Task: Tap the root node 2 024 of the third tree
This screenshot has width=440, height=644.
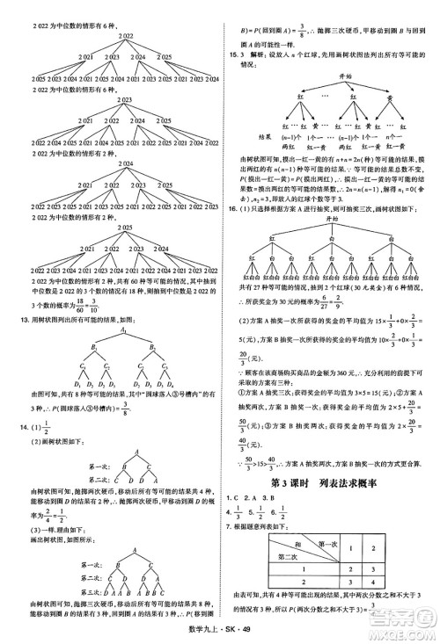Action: point(121,163)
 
